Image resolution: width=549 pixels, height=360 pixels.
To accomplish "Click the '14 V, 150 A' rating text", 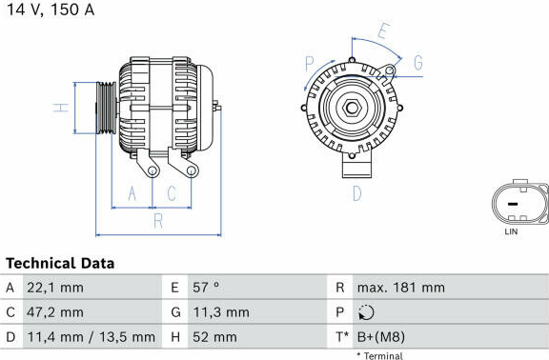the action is click(51, 10).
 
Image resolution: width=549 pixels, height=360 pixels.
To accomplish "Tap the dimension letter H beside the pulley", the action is click(61, 108).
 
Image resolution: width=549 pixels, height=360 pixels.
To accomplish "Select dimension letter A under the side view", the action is click(132, 193).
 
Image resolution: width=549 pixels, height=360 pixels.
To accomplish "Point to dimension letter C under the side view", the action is click(172, 193).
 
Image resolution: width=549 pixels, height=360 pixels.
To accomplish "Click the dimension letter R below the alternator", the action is click(158, 221).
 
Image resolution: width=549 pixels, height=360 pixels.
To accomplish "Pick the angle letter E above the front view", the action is click(384, 30).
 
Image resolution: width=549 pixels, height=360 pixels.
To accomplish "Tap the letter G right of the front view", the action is click(418, 63).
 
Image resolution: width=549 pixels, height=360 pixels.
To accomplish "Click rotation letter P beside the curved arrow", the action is click(310, 64).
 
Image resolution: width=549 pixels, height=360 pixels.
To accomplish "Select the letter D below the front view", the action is click(356, 193).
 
